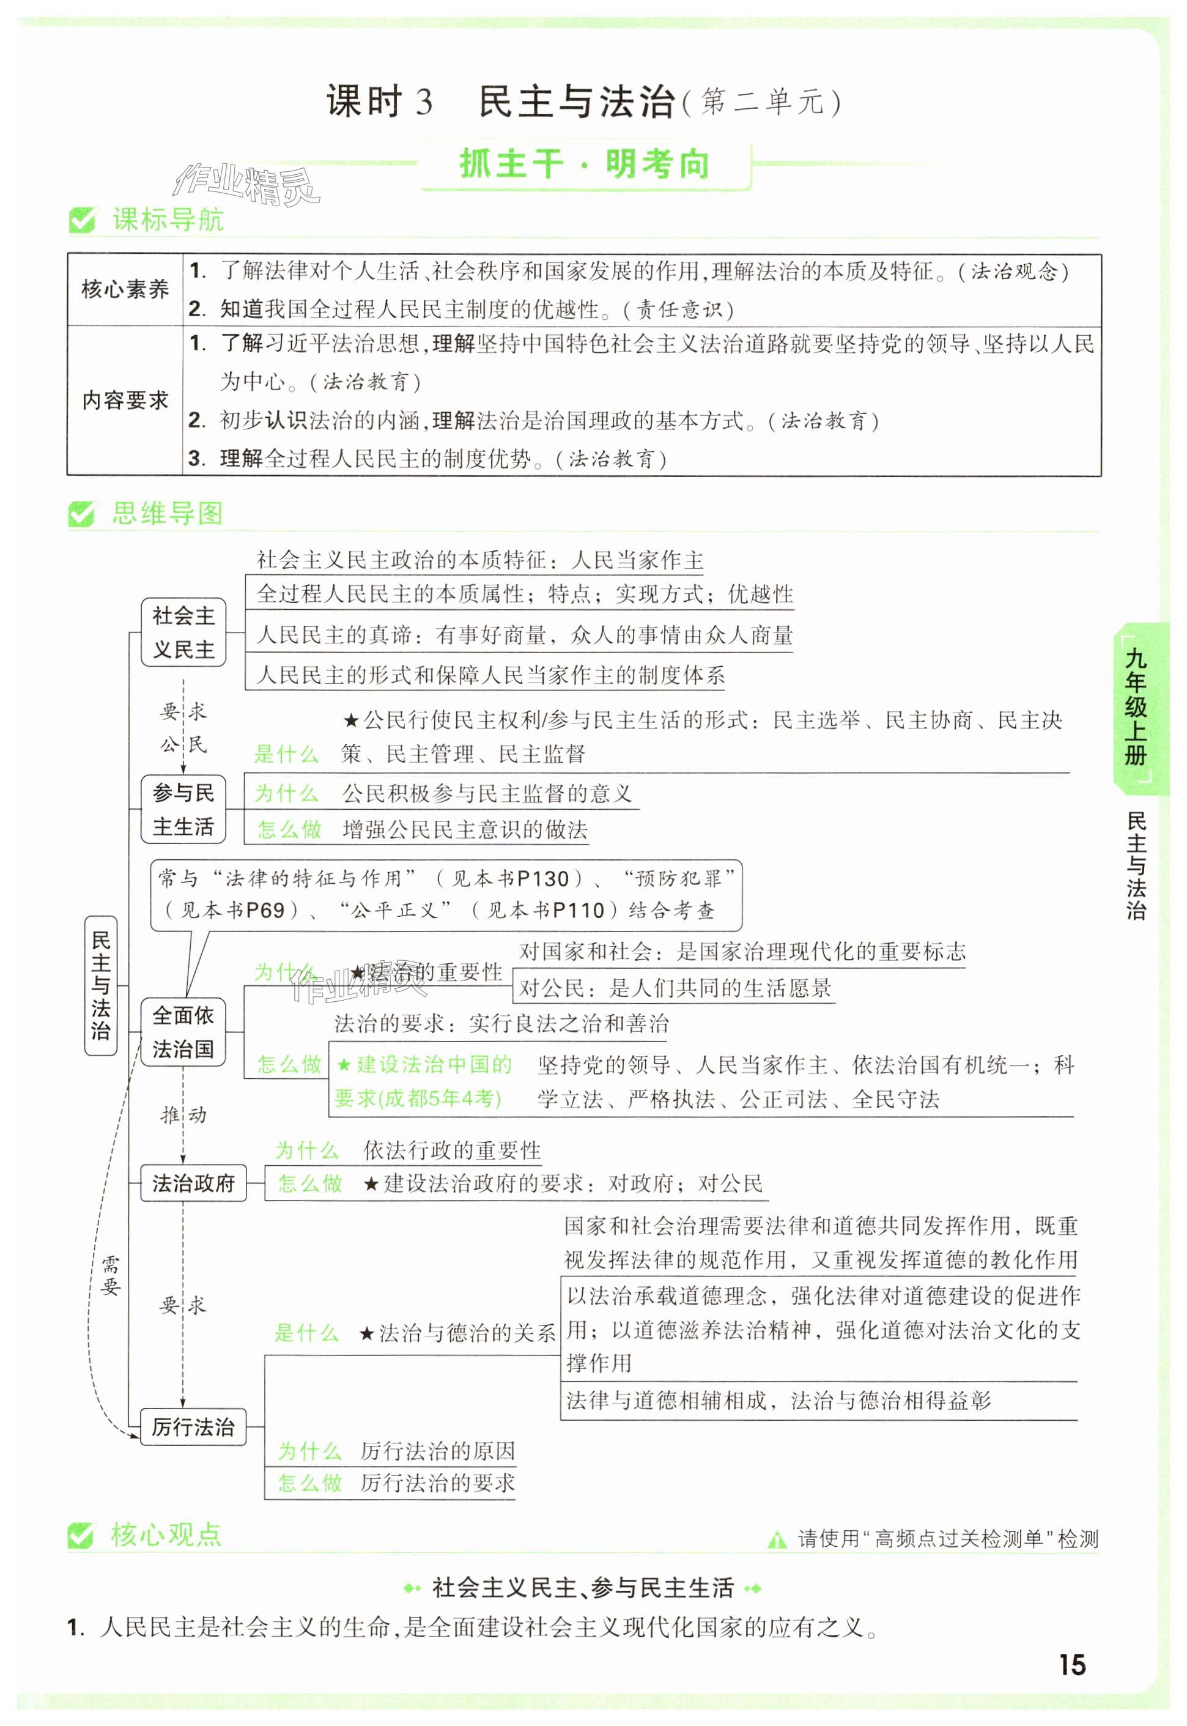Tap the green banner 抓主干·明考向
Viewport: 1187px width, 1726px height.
click(585, 165)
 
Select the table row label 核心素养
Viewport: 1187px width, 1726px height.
click(125, 289)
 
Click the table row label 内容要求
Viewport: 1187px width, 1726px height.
click(125, 401)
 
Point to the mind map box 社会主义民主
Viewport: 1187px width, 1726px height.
click(183, 632)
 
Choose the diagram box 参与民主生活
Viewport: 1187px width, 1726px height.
click(183, 809)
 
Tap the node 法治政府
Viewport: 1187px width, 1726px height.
click(193, 1182)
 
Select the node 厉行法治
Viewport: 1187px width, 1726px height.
click(193, 1426)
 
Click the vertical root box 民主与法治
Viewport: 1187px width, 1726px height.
click(100, 985)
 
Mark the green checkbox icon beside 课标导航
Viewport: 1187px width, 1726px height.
click(81, 220)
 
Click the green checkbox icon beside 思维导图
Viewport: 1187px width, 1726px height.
click(81, 514)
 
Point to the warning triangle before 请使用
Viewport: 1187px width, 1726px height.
click(777, 1539)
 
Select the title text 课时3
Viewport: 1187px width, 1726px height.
click(379, 102)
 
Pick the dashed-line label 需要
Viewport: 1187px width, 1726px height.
click(110, 1275)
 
